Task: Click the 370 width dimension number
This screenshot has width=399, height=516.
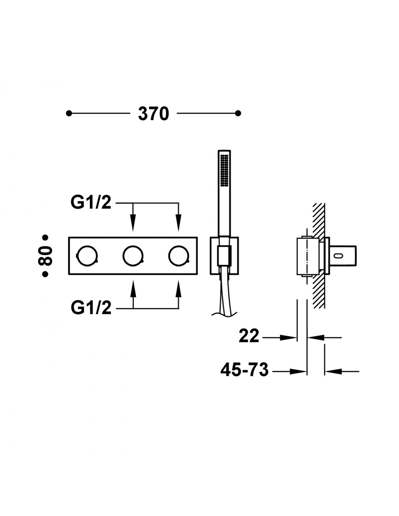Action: click(x=153, y=114)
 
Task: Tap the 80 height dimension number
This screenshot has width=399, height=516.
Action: click(x=45, y=255)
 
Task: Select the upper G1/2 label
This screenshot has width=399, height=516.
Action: click(x=91, y=203)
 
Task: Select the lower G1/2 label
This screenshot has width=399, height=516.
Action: click(x=91, y=308)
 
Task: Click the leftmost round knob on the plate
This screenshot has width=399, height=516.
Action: click(x=87, y=255)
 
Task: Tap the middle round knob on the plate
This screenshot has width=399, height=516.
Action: click(x=133, y=255)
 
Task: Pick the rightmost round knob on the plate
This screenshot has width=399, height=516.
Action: click(x=179, y=255)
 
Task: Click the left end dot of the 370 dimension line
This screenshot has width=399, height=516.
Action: click(x=69, y=114)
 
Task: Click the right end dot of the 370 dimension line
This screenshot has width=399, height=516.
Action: click(x=238, y=114)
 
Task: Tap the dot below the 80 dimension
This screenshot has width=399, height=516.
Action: click(x=45, y=274)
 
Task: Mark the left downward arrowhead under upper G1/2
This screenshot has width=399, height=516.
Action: click(x=133, y=222)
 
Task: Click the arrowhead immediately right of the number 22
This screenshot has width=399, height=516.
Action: click(x=288, y=337)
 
